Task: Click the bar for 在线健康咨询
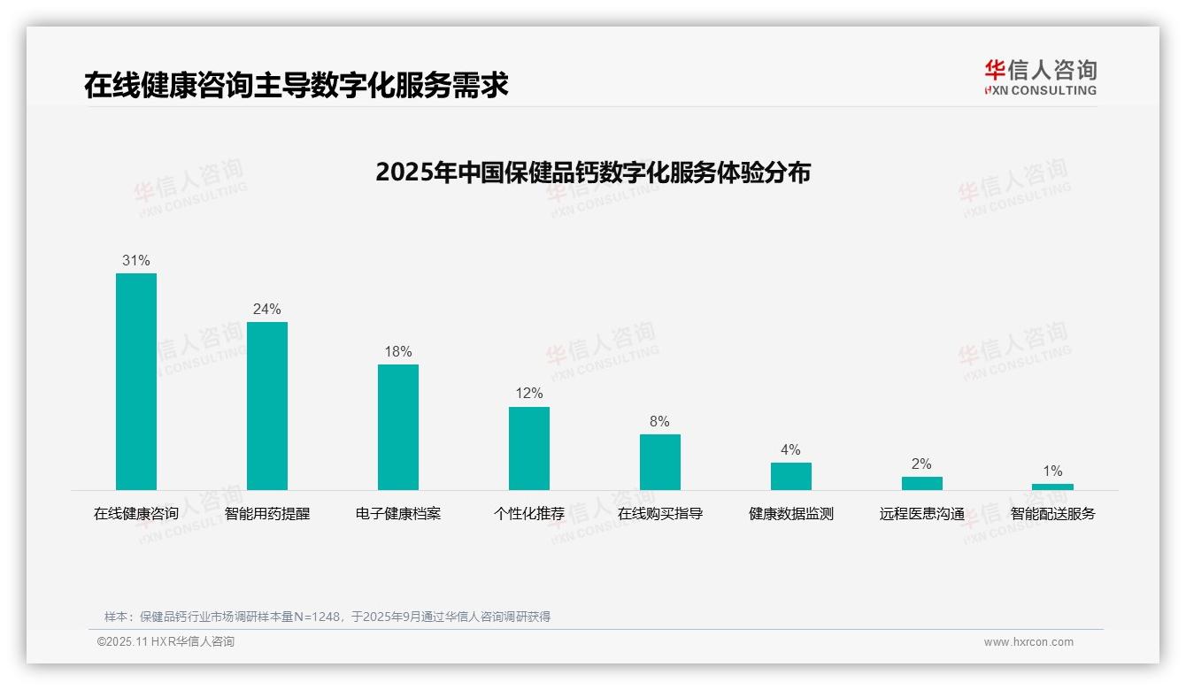point(136,381)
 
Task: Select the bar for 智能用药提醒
point(267,405)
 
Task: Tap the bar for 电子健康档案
point(398,426)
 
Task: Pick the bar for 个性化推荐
point(529,448)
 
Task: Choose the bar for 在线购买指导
point(660,462)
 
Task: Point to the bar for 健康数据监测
point(791,476)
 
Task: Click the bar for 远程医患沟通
point(922,483)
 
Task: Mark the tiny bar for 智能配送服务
point(1052,487)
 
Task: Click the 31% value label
point(136,260)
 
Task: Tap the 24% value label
point(267,309)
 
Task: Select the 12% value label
point(529,394)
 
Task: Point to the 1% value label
point(1052,471)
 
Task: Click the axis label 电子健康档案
point(398,513)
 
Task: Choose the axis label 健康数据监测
point(791,513)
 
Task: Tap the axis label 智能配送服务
point(1052,513)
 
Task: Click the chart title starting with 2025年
point(593,172)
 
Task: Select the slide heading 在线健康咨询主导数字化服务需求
point(296,85)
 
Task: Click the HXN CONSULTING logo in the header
point(1040,78)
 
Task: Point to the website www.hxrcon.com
point(1028,642)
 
